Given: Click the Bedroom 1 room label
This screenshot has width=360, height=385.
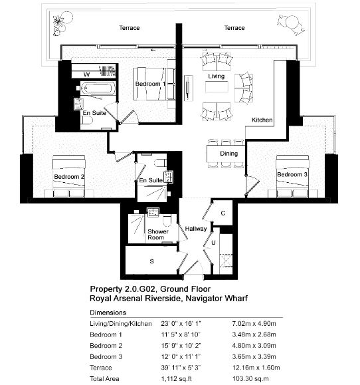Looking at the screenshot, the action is point(150,84).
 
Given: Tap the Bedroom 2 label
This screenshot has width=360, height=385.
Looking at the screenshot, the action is point(69,177).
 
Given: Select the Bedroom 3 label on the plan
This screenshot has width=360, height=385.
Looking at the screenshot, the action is point(292,175).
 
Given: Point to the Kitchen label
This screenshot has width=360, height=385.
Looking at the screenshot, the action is point(262,120).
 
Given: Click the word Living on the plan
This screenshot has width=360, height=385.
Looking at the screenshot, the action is point(217,76).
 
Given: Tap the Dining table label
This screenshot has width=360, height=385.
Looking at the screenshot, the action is point(228,154).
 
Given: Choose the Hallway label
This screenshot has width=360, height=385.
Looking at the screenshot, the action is point(196,229).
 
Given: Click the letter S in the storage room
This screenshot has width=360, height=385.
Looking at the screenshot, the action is point(152,261).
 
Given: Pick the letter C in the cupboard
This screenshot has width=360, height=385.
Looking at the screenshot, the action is point(223,213).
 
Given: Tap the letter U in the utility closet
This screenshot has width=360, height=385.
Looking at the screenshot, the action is point(213,243).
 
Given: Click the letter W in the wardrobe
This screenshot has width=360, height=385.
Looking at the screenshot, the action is point(86,74).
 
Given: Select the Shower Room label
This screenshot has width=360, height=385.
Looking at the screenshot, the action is point(158,235).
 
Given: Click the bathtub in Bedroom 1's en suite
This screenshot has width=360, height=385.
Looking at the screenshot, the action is point(98,88).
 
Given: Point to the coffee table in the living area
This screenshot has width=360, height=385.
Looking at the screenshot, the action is point(217,87).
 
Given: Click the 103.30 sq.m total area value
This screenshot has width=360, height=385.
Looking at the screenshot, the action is point(250,378).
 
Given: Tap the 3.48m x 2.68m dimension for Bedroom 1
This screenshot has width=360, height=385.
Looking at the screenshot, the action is point(254,334).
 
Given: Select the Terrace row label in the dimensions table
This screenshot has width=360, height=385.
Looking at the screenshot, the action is point(101,368).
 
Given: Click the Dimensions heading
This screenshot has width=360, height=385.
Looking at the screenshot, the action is point(108,313).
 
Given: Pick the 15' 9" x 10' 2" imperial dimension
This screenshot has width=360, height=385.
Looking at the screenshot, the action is point(181,346).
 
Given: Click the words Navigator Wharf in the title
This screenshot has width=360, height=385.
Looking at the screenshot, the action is point(217,299).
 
